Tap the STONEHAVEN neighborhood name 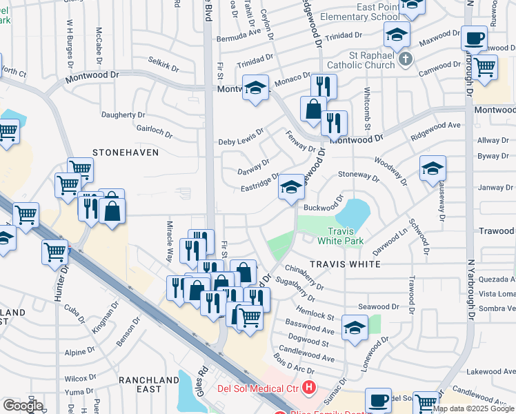(126, 152)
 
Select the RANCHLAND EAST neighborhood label (148, 385)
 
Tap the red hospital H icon (308, 389)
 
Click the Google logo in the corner (23, 406)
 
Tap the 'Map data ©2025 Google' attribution (473, 408)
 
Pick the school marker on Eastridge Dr (291, 187)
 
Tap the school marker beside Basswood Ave (355, 328)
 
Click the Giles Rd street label (204, 379)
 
